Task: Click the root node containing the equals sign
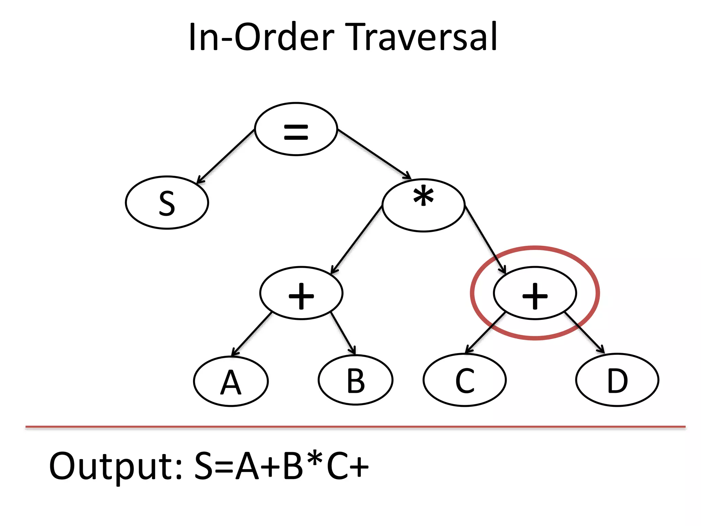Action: tap(296, 129)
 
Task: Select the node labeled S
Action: tap(167, 203)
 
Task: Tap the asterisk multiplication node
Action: tap(423, 205)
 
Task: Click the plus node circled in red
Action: tap(535, 293)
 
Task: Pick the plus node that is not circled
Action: tap(301, 293)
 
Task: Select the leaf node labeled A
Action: tap(231, 381)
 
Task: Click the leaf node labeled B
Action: tap(355, 380)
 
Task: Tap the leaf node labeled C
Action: tap(464, 380)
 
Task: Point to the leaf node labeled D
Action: tap(617, 380)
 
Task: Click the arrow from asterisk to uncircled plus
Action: tap(356, 240)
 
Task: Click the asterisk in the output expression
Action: tap(314, 461)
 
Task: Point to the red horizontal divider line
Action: tap(355, 427)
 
